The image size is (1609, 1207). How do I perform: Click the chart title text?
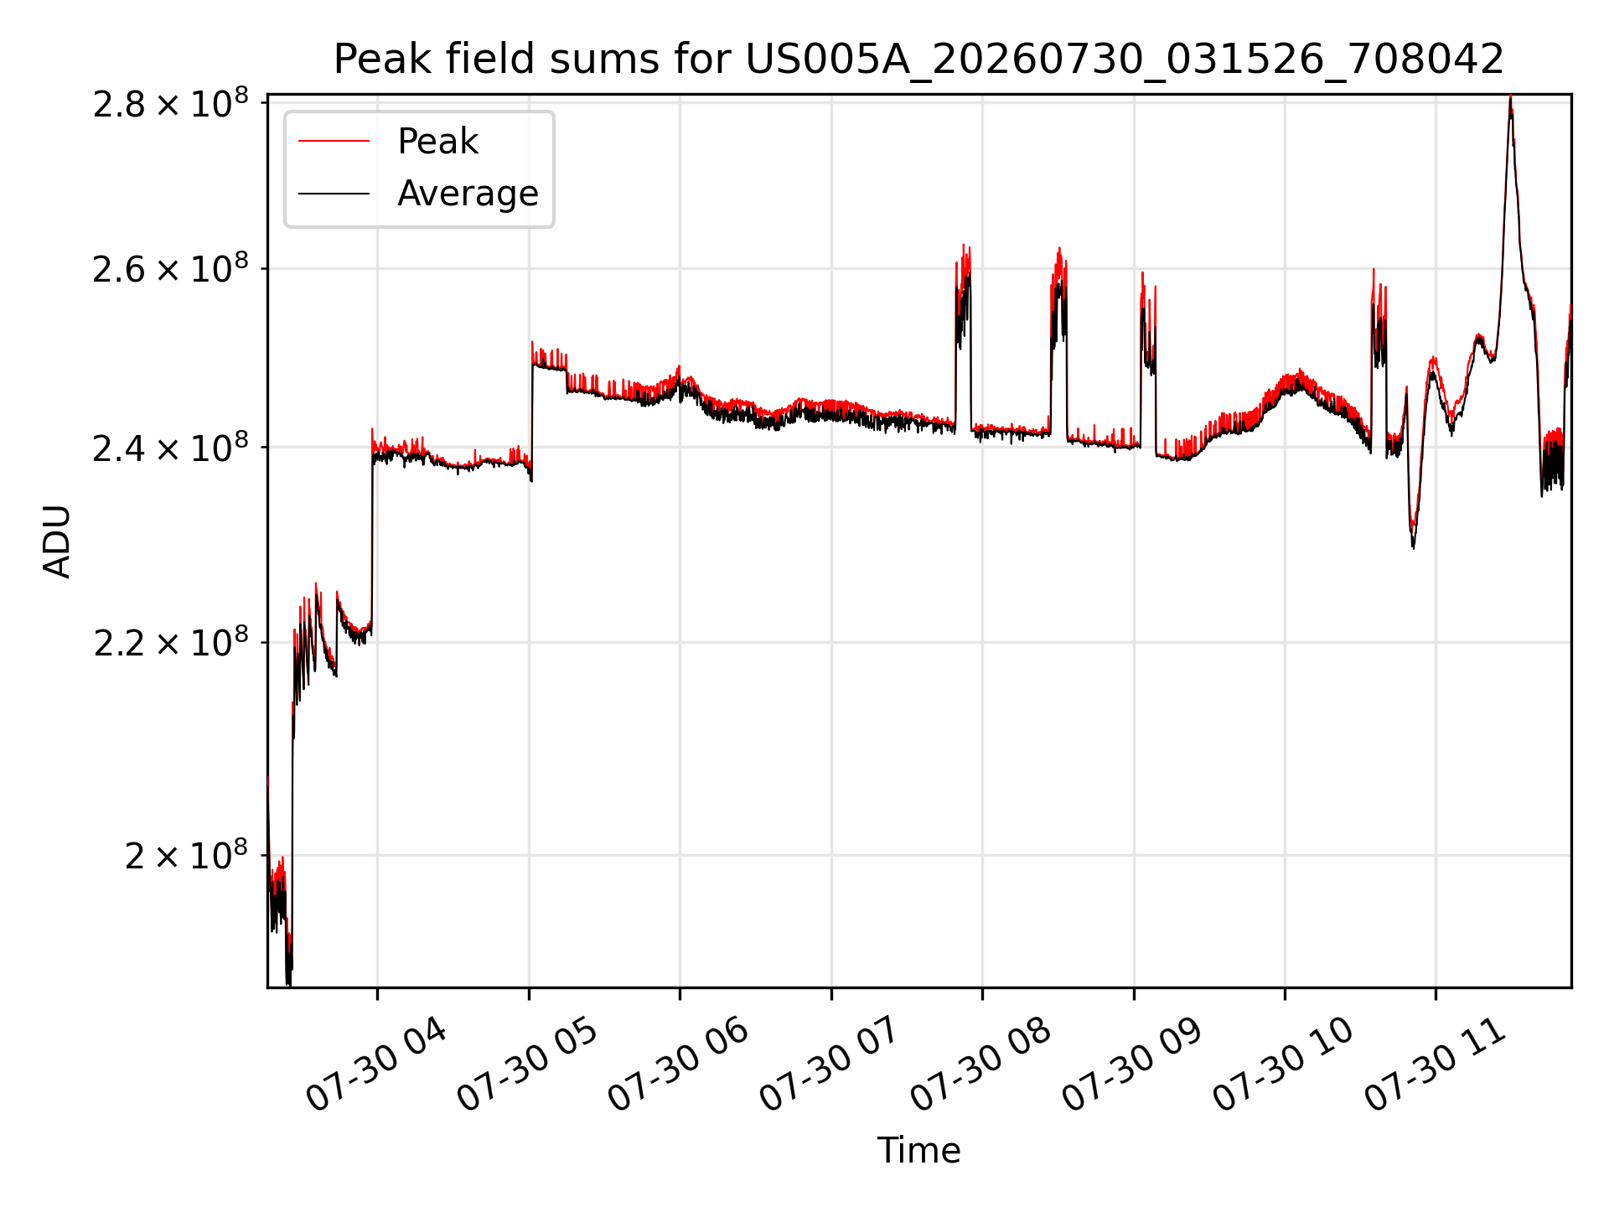coord(918,60)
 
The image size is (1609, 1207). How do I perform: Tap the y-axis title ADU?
coord(57,541)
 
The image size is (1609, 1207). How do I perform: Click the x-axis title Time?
coord(918,1151)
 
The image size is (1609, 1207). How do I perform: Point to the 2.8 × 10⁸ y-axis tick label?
coord(171,104)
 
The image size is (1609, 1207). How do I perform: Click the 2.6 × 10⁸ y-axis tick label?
coord(171,269)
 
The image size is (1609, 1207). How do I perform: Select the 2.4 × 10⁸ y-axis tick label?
coord(171,448)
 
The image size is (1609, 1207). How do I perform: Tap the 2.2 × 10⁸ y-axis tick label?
coord(171,643)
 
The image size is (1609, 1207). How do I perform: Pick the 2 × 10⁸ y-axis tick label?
coord(187,856)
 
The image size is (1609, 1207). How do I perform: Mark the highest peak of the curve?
coord(1510,96)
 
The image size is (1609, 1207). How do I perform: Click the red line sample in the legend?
coord(334,141)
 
